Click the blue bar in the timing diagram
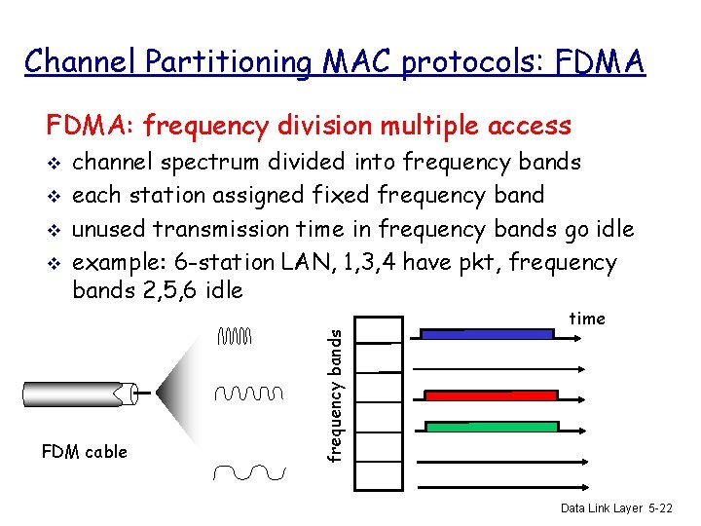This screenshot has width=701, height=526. tap(486, 333)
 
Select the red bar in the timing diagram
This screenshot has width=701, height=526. tap(491, 395)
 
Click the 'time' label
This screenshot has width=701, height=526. tap(586, 319)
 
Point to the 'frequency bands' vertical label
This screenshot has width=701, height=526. tap(335, 394)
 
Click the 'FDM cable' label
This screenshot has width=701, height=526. tap(84, 452)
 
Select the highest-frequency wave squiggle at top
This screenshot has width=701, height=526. tap(236, 337)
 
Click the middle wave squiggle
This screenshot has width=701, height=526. tap(249, 394)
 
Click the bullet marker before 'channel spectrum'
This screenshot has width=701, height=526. tap(55, 162)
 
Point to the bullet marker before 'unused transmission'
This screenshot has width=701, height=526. tap(55, 231)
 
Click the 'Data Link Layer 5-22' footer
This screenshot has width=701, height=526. tap(615, 508)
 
